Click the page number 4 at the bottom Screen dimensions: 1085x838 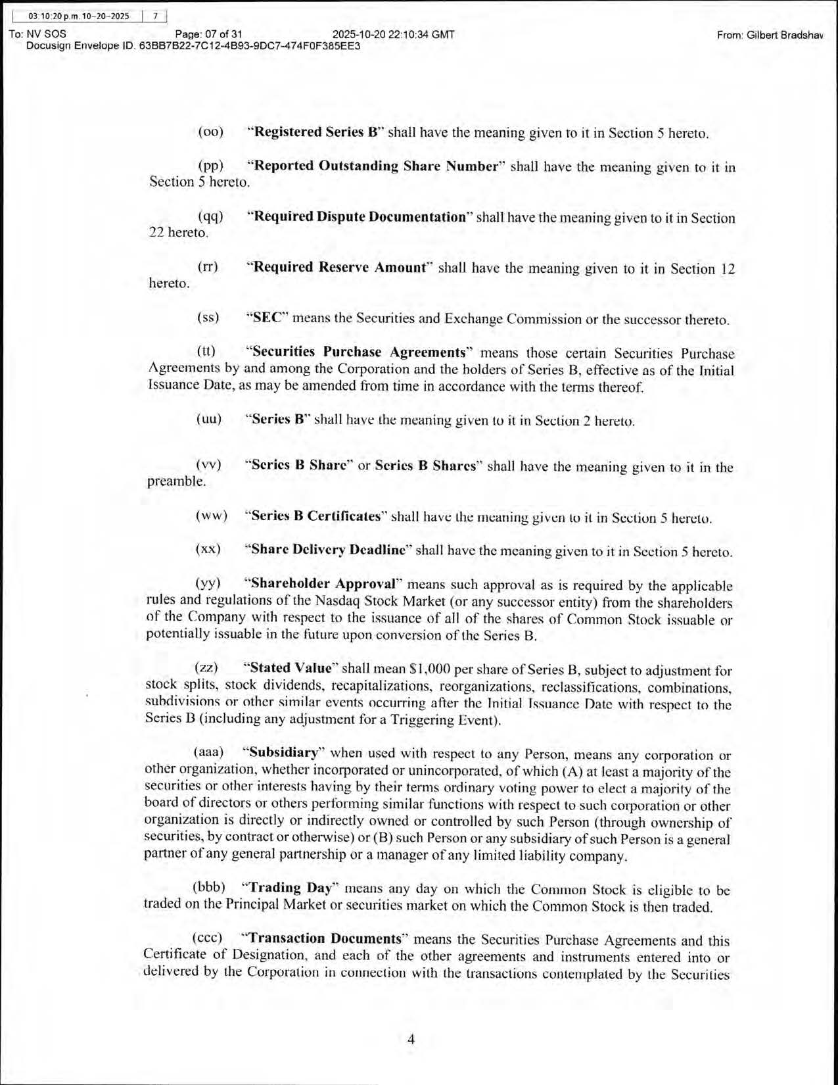coord(411,1040)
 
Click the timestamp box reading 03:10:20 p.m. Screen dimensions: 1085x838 coord(79,16)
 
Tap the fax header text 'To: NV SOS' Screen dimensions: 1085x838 coord(37,34)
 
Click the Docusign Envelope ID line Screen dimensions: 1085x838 coord(193,46)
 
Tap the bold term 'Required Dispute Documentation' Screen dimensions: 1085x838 coord(360,217)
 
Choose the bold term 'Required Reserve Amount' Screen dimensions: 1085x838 coord(340,268)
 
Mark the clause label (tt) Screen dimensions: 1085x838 coord(206,352)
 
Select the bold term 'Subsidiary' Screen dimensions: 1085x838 coord(283,752)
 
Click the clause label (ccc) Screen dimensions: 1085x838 coord(208,938)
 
